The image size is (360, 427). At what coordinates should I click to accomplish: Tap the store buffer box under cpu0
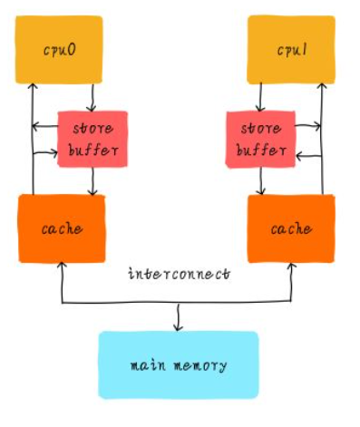click(92, 139)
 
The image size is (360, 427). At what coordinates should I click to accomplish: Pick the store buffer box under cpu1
click(259, 139)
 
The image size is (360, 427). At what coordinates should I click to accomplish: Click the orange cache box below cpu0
click(61, 228)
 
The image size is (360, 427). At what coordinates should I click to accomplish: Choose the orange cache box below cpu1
click(291, 228)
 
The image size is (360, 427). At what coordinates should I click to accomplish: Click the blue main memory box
click(178, 364)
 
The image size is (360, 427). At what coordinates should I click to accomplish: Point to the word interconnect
click(179, 272)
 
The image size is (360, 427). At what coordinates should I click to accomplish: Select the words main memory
click(178, 365)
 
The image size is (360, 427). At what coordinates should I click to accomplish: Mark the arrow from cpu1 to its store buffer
click(261, 97)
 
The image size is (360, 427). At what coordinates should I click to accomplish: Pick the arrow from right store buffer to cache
click(261, 181)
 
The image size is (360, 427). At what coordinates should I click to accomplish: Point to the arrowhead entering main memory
click(178, 327)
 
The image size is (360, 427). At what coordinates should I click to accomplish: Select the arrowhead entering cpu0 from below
click(33, 87)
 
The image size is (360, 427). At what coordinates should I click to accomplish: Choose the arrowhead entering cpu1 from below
click(321, 87)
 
